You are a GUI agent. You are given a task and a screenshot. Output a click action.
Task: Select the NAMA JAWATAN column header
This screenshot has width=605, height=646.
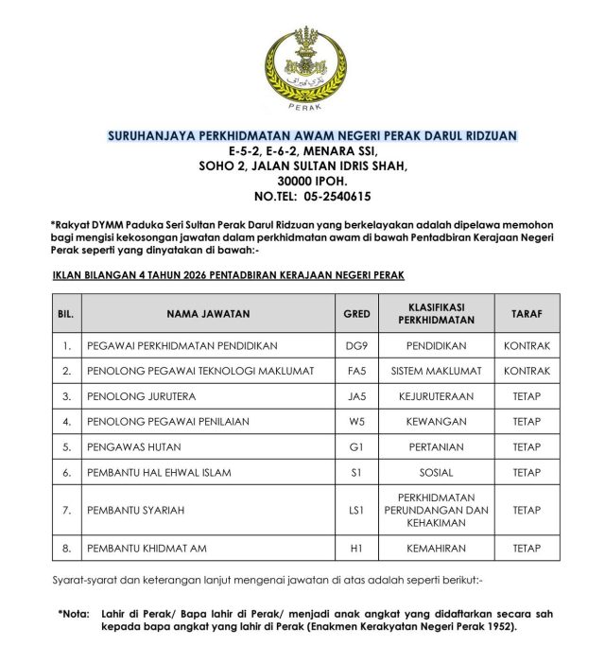(209, 313)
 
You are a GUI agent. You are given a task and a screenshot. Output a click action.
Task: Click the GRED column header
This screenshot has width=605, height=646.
(356, 313)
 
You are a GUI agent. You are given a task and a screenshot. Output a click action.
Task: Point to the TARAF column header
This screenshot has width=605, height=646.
(527, 313)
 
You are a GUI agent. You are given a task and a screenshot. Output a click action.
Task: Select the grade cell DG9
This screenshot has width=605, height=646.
(356, 346)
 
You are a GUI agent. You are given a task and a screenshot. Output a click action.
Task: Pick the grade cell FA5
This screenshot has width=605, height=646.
(356, 371)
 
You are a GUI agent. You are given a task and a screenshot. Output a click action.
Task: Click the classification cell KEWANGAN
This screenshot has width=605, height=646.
(440, 422)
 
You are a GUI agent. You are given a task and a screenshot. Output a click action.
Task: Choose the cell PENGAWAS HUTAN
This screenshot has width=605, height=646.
(133, 446)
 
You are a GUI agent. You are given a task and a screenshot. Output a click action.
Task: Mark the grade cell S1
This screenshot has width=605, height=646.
(356, 472)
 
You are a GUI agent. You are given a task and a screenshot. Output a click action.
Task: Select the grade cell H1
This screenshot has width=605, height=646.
(356, 549)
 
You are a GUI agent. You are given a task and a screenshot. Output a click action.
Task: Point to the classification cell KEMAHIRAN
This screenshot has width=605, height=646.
(440, 549)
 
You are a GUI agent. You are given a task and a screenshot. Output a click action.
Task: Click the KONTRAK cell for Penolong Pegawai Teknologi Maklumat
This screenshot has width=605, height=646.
(527, 371)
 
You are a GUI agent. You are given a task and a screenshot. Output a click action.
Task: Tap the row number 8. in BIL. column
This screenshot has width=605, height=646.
(67, 549)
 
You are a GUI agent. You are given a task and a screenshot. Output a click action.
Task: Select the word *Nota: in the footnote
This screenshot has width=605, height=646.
(75, 614)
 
